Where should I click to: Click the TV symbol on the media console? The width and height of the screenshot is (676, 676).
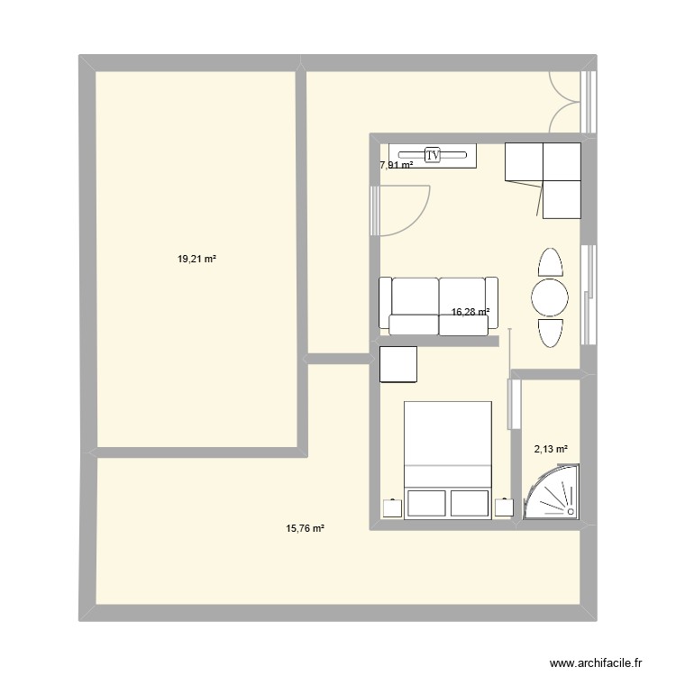point(433,155)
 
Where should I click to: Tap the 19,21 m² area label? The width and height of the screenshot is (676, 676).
point(197,259)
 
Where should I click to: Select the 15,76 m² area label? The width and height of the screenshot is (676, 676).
point(305,529)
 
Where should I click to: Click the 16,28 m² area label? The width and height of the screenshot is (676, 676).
point(470,312)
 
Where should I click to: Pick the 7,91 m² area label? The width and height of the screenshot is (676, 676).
point(397,165)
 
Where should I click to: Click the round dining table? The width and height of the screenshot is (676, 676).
point(550,297)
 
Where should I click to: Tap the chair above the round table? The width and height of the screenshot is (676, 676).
point(550,262)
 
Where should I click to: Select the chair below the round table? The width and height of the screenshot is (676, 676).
point(550,333)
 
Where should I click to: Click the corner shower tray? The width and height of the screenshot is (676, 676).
point(553,494)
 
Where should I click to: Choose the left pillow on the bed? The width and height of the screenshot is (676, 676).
point(426,504)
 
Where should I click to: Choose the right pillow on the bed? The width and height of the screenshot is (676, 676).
point(470,504)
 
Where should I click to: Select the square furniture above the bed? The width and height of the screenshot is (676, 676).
point(398,365)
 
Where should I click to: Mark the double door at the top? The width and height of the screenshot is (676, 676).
point(564,100)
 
